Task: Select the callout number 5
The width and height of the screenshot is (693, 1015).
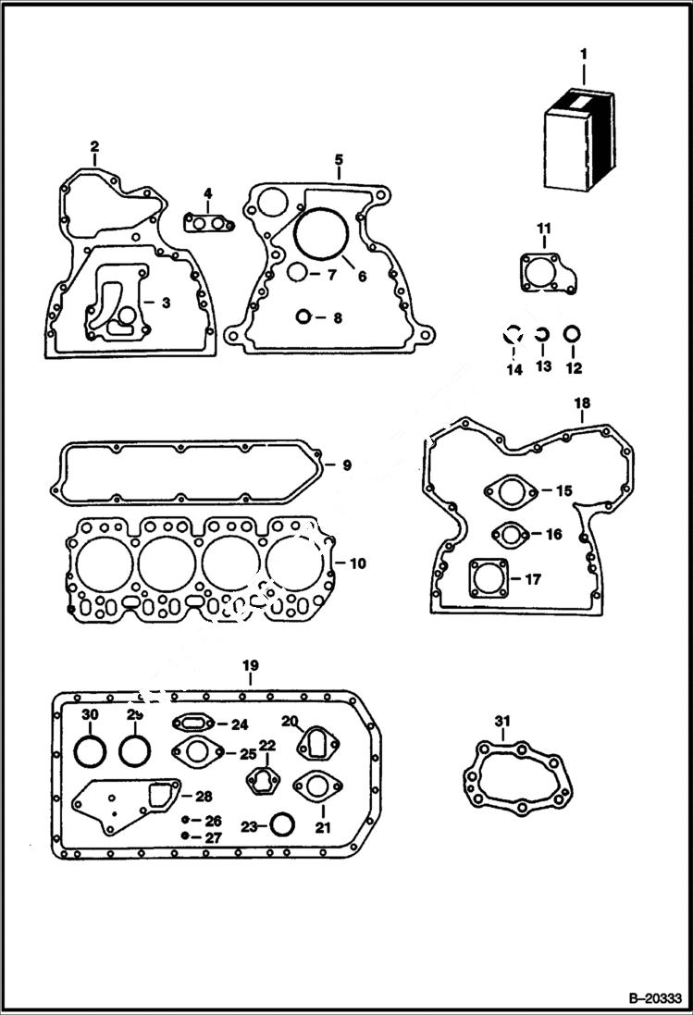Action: click(x=339, y=160)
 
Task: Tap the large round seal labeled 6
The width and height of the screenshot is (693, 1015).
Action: click(x=319, y=236)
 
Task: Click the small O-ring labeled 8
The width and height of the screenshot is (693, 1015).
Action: click(x=303, y=317)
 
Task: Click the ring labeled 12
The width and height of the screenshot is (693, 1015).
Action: click(x=573, y=335)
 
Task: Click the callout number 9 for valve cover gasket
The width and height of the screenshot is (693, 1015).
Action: click(x=346, y=465)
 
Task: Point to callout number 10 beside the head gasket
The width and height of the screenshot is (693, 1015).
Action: click(x=357, y=563)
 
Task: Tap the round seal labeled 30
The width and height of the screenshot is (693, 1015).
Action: click(x=90, y=751)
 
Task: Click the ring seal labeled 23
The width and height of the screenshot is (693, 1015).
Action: click(x=281, y=824)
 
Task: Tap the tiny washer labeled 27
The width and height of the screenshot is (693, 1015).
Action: click(x=186, y=836)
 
